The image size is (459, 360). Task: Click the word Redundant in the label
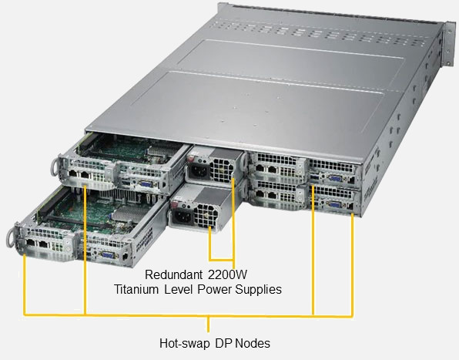[173, 274]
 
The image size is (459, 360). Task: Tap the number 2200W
[228, 274]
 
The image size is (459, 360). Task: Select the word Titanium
[136, 289]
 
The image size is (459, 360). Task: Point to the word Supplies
[259, 290]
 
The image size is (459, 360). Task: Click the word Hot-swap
[184, 343]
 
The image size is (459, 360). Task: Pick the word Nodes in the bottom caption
[253, 343]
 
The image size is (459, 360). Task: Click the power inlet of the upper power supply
[199, 171]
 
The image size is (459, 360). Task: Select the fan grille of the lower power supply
[206, 216]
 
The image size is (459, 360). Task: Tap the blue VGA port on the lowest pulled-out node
[107, 254]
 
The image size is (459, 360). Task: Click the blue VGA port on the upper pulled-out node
[146, 184]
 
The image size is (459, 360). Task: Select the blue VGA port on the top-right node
[334, 179]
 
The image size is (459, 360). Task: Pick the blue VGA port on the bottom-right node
[334, 204]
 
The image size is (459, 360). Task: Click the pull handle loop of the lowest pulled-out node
[11, 237]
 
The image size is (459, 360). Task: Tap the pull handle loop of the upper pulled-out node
[55, 168]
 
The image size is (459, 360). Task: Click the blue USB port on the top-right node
[314, 177]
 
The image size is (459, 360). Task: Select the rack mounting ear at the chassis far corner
[449, 44]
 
